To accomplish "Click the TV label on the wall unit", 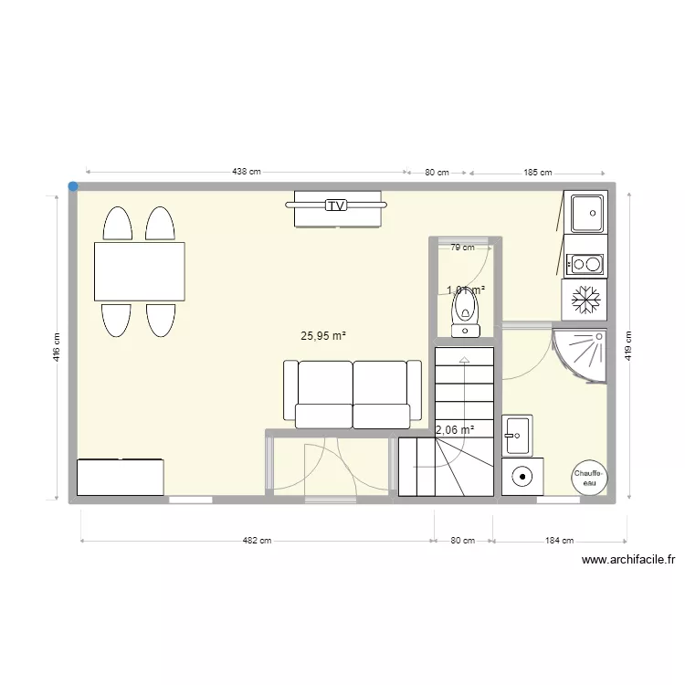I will click(x=336, y=205).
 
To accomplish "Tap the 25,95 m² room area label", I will click(x=323, y=335).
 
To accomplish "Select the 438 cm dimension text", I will click(x=246, y=172).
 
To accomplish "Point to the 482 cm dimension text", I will click(x=257, y=541).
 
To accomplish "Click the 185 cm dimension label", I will click(x=538, y=172).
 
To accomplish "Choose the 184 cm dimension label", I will click(x=559, y=541).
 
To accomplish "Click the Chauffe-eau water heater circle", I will click(x=586, y=475).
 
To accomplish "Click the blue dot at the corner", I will click(x=73, y=186).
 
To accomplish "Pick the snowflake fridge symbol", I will click(x=584, y=299).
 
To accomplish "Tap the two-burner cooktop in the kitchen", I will click(x=584, y=265).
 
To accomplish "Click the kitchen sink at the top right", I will click(x=585, y=215).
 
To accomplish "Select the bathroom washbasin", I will click(x=517, y=435).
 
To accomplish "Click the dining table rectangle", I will click(x=140, y=271).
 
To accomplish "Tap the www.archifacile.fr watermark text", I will click(x=627, y=561).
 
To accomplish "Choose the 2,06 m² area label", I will click(x=454, y=429).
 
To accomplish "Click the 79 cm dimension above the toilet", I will click(x=463, y=247).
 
